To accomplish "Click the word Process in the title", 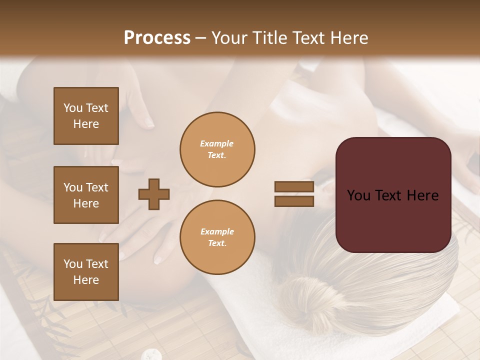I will pos(157,38).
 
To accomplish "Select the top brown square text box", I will pos(86,116).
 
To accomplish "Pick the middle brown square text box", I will pos(86,195).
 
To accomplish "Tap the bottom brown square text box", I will pos(86,271).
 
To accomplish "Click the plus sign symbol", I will pos(154,194).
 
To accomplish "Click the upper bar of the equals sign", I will pos(294,187).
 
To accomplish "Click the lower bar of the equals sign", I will pos(294,201).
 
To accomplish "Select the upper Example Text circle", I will pos(217,149).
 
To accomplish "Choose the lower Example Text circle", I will pos(217,237).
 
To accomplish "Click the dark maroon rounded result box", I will pos(393,195).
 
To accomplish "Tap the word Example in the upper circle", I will pos(217,143).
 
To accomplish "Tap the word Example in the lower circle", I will pos(217,231).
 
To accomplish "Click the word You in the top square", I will pos(72,108).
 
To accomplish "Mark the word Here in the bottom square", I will pos(86,280).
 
